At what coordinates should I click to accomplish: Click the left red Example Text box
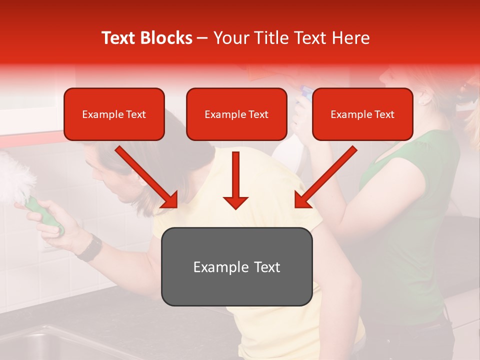point(114,114)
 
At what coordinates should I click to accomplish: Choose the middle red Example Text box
point(236,114)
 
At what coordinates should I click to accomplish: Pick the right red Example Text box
point(362,114)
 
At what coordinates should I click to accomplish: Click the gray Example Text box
point(236,267)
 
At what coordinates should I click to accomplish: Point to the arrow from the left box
point(147,178)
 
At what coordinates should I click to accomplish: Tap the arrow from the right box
point(325,178)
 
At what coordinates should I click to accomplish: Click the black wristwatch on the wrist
point(90,248)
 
